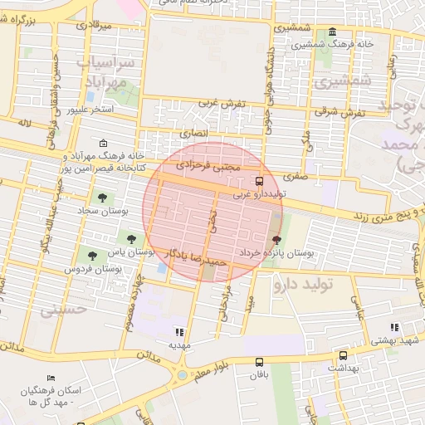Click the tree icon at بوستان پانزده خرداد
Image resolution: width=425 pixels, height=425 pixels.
[x=276, y=239]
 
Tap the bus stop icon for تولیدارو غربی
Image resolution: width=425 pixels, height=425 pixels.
[x=260, y=180]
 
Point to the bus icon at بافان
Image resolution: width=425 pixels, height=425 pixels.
[x=260, y=362]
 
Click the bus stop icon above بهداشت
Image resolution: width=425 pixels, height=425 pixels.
[x=341, y=353]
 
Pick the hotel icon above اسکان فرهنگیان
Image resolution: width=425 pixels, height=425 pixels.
[x=52, y=379]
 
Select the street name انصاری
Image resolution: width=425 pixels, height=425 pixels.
[x=196, y=132]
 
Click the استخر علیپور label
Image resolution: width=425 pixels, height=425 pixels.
[x=87, y=109]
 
